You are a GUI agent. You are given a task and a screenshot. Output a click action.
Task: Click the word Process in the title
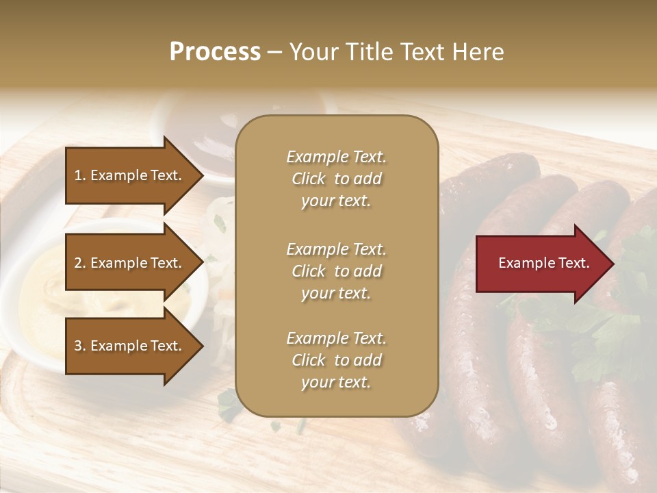[215, 52]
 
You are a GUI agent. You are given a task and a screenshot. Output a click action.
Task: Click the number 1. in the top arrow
[79, 175]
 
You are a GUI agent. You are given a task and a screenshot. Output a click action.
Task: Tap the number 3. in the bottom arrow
[79, 346]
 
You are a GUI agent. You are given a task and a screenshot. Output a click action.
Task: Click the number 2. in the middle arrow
[79, 263]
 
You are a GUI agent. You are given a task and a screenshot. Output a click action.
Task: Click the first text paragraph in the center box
[336, 179]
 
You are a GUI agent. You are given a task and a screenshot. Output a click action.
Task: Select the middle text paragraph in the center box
[336, 271]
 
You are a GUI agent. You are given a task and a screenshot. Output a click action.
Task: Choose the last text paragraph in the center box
[336, 360]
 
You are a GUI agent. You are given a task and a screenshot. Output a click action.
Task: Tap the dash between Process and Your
[274, 53]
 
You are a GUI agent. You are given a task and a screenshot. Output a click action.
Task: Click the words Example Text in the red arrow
[543, 263]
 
